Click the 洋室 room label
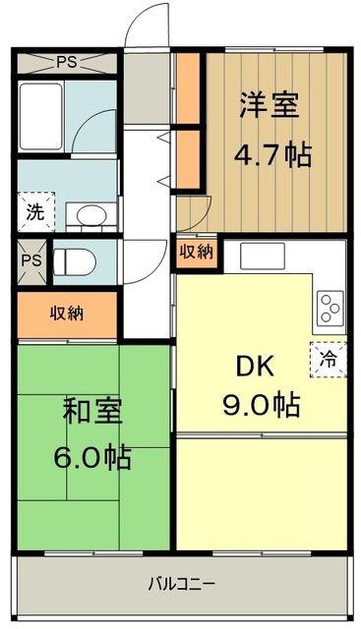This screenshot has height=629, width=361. click(x=270, y=105)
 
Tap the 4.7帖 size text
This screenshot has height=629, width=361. click(x=273, y=155)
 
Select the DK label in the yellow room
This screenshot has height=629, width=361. click(x=256, y=367)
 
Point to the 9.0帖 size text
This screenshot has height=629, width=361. click(x=262, y=405)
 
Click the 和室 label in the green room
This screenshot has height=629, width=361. click(x=92, y=412)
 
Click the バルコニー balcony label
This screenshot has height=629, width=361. click(x=182, y=584)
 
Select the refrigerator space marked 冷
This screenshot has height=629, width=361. click(x=329, y=360)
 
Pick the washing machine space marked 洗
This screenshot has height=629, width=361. click(x=35, y=211)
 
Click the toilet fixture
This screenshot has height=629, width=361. click(x=75, y=262)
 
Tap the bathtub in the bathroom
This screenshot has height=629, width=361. click(x=40, y=116)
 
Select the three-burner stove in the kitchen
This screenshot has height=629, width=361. click(x=331, y=308)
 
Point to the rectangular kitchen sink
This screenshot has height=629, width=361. click(x=263, y=256)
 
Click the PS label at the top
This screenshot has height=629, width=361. click(x=66, y=62)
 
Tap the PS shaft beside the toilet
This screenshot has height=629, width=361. click(x=32, y=261)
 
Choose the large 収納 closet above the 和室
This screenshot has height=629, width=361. click(x=67, y=314)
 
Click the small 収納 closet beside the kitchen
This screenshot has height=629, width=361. click(x=197, y=252)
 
